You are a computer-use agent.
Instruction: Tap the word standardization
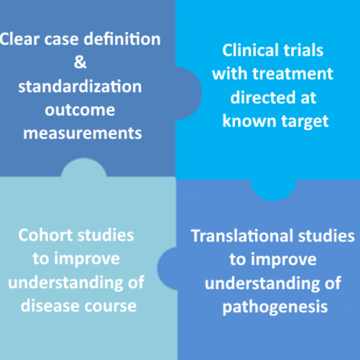point(80,86)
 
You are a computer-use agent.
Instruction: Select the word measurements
point(83,133)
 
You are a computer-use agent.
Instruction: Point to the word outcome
point(80,110)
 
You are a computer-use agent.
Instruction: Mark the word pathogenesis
point(273,307)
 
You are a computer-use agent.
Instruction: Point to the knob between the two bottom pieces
point(168,264)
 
